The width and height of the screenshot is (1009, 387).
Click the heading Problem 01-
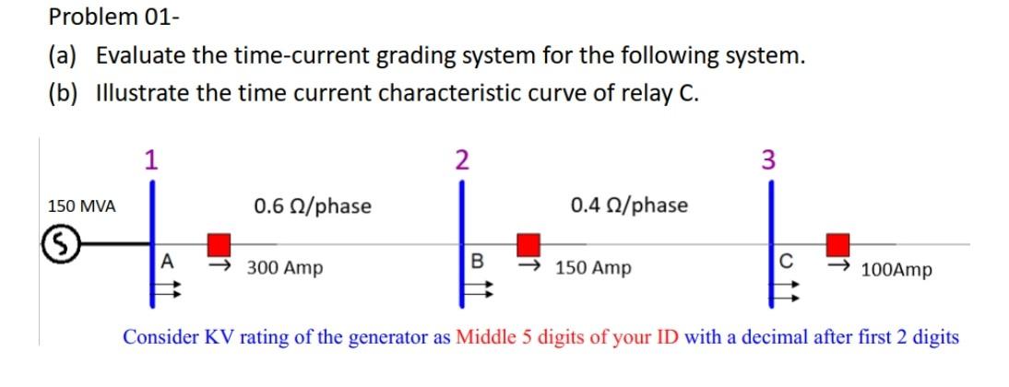click(x=88, y=16)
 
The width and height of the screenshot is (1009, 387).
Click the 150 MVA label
click(x=82, y=206)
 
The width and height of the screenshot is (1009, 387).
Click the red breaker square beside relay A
click(x=219, y=244)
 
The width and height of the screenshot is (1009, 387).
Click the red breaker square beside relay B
click(x=528, y=244)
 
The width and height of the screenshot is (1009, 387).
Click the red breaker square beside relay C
click(x=837, y=244)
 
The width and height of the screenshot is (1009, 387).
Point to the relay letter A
click(x=166, y=261)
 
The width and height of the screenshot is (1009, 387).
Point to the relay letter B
click(x=477, y=261)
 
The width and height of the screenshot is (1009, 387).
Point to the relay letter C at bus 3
click(x=785, y=262)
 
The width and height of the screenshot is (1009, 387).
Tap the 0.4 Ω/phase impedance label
click(x=629, y=205)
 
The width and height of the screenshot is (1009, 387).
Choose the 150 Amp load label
click(x=594, y=268)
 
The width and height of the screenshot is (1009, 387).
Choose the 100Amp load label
click(x=896, y=270)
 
